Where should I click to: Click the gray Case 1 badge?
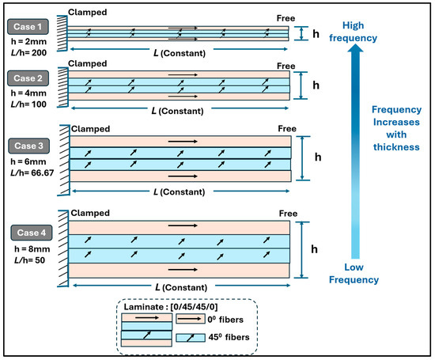[x=28, y=27]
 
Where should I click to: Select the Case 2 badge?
[x=28, y=78]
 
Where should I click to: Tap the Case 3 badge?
[x=28, y=146]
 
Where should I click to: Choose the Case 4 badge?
[x=32, y=233]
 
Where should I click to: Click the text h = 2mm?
[x=28, y=42]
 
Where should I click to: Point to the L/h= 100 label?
[x=28, y=104]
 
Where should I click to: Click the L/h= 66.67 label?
[x=32, y=173]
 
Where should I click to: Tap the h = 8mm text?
[x=32, y=249]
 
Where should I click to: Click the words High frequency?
[x=354, y=32]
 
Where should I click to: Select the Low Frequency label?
[x=354, y=274]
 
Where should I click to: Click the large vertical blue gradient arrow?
[x=355, y=152]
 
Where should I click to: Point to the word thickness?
[x=396, y=147]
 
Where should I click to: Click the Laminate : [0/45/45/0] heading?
[x=171, y=307]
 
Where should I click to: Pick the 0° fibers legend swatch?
[x=191, y=319]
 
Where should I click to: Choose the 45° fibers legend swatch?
[x=191, y=338]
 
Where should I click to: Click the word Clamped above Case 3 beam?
[x=90, y=129]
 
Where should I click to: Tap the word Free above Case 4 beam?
[x=288, y=214]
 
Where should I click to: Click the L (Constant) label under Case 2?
[x=177, y=111]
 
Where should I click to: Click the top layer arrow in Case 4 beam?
[x=183, y=225]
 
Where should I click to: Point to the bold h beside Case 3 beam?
[x=318, y=157]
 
